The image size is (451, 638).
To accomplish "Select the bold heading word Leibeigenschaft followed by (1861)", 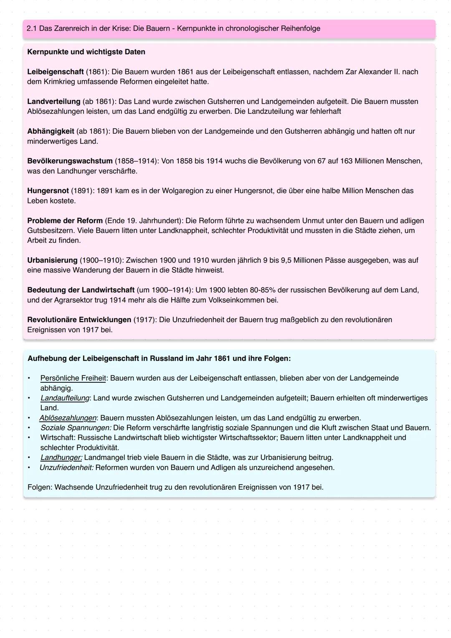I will pyautogui.click(x=55, y=71).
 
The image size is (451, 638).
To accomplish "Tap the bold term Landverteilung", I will pyautogui.click(x=53, y=101).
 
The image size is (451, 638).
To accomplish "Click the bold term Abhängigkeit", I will pyautogui.click(x=51, y=131).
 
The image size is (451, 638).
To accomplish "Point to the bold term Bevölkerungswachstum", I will pyautogui.click(x=70, y=161).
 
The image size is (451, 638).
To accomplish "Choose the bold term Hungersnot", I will pyautogui.click(x=48, y=191).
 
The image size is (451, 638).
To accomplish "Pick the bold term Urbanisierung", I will pyautogui.click(x=52, y=260).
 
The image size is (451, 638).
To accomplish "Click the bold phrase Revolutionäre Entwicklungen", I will pyautogui.click(x=79, y=320).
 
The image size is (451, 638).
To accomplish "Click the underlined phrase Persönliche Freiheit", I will pyautogui.click(x=73, y=378).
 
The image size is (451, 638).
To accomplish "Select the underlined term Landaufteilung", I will pyautogui.click(x=65, y=398).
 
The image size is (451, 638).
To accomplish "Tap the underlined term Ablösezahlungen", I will pyautogui.click(x=68, y=418).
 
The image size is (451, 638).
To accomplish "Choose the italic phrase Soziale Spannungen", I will pyautogui.click(x=76, y=427).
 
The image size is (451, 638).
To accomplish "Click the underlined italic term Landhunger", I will pyautogui.click(x=61, y=458).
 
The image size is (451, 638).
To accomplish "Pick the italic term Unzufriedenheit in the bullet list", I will pyautogui.click(x=66, y=468).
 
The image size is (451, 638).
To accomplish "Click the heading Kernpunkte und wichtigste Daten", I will pyautogui.click(x=86, y=52).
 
